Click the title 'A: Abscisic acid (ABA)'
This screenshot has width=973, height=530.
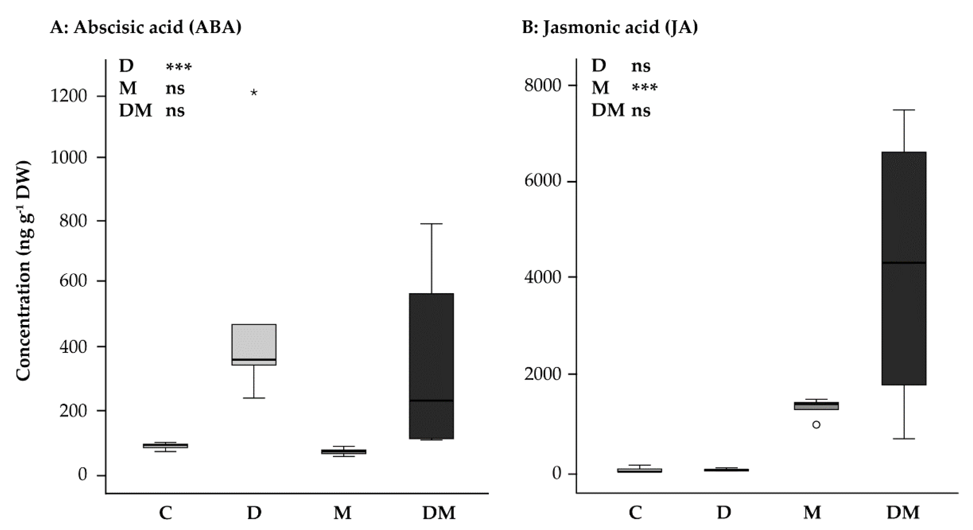coord(146,28)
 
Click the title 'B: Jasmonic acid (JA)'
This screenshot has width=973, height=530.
coord(610,28)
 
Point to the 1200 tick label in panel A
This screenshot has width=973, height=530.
coord(68,96)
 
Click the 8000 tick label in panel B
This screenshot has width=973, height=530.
coord(542,85)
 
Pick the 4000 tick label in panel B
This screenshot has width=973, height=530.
coord(542,277)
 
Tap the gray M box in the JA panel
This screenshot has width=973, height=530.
coord(816,406)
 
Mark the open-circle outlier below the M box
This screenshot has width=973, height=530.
coord(816,425)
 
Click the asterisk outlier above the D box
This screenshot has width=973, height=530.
coord(254,92)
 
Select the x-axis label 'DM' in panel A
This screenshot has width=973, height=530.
coord(439,513)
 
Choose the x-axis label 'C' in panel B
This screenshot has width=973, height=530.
coord(635,513)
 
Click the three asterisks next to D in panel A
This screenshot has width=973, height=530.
coord(179,67)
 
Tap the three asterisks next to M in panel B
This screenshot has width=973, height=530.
coord(644,88)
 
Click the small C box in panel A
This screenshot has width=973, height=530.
coord(165,446)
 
